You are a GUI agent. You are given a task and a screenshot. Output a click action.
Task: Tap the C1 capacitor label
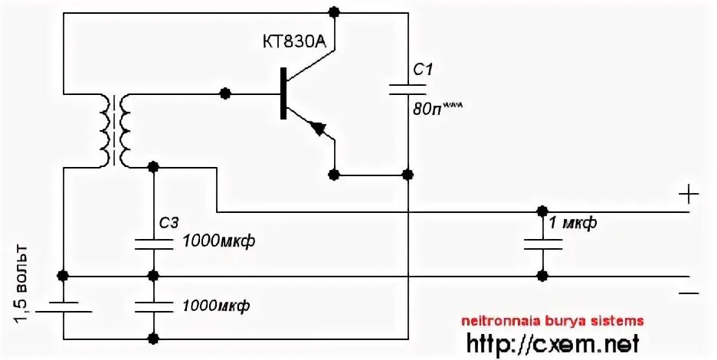(423, 70)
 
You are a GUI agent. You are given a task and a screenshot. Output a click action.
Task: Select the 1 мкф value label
(573, 224)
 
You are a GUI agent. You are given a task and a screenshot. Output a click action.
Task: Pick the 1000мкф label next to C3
(218, 242)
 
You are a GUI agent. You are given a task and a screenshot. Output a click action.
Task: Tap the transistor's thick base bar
(283, 93)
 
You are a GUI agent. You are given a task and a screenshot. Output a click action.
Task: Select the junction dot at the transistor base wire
(225, 93)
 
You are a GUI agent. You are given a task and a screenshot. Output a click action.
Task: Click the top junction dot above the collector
(333, 11)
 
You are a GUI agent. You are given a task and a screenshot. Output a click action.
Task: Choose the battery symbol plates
(64, 306)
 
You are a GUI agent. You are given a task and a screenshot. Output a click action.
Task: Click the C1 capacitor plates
(409, 87)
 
